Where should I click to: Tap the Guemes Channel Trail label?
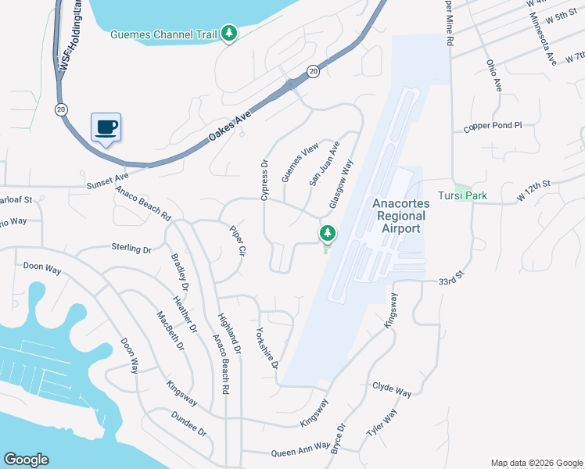tap(164, 34)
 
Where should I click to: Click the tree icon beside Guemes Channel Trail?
tap(229, 33)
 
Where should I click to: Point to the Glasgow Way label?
tap(342, 184)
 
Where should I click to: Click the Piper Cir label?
tap(238, 242)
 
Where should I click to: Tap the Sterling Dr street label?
tap(131, 249)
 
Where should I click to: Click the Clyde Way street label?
tap(392, 388)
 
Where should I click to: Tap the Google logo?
tap(26, 460)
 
